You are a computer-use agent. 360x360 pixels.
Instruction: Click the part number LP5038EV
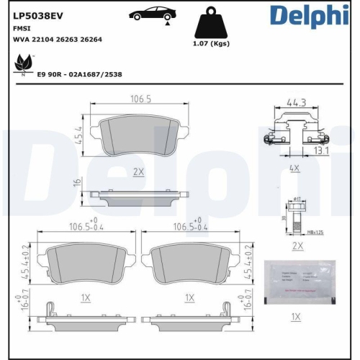[x=38, y=14]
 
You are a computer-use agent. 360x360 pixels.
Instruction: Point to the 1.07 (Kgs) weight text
[x=211, y=44]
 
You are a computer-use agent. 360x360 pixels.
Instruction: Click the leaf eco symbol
[x=22, y=66]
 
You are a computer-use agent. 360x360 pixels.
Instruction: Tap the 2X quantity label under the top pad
[x=139, y=171]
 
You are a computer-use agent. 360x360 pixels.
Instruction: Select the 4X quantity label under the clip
[x=294, y=167]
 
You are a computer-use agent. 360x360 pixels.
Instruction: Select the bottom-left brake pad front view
[x=86, y=261]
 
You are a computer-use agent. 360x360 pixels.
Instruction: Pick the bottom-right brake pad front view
[x=189, y=261]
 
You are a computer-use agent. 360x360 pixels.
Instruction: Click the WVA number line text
[x=58, y=40]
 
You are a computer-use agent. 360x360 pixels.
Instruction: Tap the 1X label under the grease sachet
[x=294, y=316]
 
